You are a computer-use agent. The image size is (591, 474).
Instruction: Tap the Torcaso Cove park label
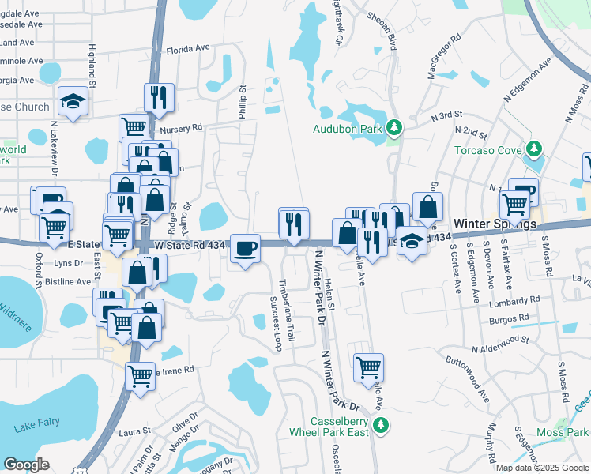[x=488, y=150]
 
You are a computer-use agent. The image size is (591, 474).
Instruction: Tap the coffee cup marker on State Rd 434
[x=247, y=248]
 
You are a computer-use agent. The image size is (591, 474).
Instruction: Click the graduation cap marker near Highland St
[x=73, y=101]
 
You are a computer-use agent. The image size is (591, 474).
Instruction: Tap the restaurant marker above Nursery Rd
[x=159, y=97]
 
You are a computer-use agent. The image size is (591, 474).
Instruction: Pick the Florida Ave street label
[x=187, y=48]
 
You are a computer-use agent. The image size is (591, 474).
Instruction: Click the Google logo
[x=27, y=465]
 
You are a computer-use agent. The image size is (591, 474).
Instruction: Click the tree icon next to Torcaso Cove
[x=534, y=149]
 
